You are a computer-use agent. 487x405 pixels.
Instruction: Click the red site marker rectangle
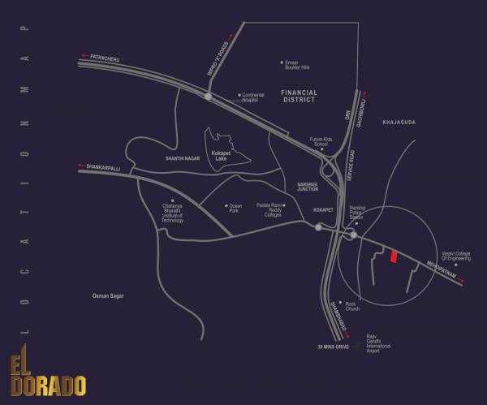pos(394,256)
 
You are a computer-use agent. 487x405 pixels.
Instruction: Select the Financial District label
pos(300,97)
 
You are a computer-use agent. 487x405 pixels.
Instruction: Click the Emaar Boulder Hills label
pos(298,64)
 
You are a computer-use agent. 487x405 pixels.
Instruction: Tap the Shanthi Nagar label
pos(181,159)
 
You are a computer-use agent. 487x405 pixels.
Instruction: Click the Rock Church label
pos(352,307)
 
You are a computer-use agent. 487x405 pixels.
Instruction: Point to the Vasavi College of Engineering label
pos(457,257)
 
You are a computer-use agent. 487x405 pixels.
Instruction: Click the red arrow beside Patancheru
pos(84,56)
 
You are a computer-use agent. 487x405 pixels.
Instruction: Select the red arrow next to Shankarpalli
pos(81,166)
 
